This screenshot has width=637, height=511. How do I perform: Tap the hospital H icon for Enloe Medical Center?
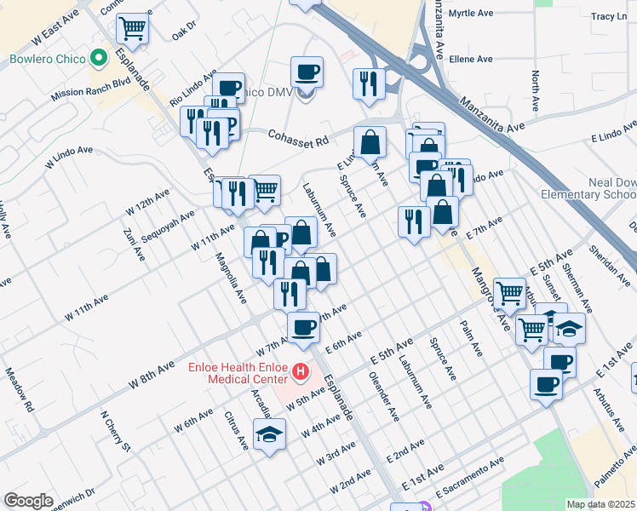pyautogui.click(x=300, y=371)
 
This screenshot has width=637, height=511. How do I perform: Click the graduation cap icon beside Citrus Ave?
pyautogui.click(x=270, y=433)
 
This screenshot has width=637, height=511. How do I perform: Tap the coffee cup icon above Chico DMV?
pyautogui.click(x=307, y=71)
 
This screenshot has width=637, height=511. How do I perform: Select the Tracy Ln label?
pyautogui.click(x=608, y=16)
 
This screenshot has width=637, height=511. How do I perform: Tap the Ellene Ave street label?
pyautogui.click(x=472, y=60)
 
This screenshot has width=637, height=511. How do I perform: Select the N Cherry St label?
pyautogui.click(x=115, y=432)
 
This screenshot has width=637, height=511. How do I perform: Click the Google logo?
pyautogui.click(x=28, y=501)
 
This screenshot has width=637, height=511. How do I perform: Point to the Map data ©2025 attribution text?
pyautogui.click(x=600, y=504)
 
